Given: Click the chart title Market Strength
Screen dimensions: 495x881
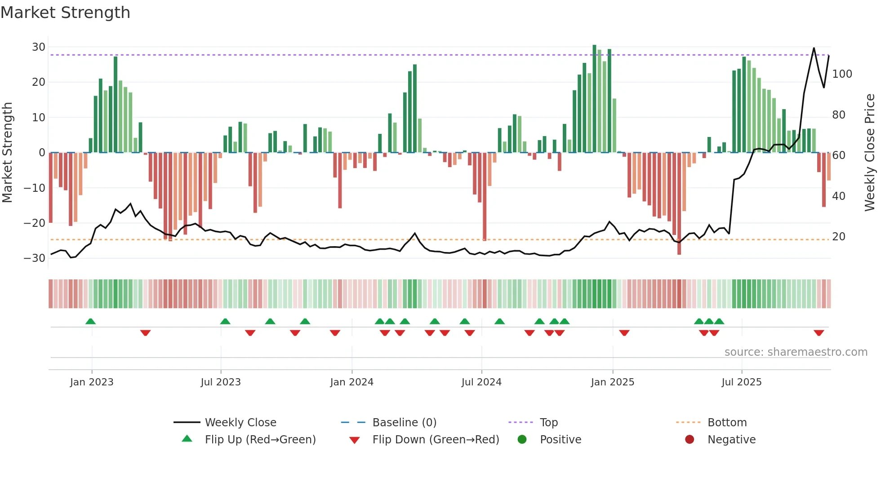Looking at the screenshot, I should [x=65, y=13].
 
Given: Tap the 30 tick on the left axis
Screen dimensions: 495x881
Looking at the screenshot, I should [x=39, y=47].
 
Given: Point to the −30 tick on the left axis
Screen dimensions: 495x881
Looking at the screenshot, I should [x=35, y=258].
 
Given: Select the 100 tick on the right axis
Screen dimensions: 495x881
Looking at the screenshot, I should [x=842, y=74].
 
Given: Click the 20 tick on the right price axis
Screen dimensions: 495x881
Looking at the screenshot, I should [x=838, y=237].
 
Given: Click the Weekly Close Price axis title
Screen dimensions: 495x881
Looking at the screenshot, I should [x=870, y=153].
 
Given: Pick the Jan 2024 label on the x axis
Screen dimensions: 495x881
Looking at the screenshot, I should [x=352, y=382].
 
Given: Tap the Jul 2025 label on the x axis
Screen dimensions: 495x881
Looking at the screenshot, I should [x=741, y=382].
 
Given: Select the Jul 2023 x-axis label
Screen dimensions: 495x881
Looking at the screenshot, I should [x=221, y=382].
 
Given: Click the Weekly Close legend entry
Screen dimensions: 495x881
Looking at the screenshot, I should [x=240, y=423].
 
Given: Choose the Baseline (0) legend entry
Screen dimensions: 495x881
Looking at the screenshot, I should [x=404, y=423].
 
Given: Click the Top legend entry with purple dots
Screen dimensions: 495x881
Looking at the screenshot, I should [x=548, y=423].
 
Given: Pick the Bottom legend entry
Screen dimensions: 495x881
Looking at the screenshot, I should [x=727, y=423].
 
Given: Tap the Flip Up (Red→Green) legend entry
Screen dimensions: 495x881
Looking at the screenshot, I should [x=260, y=440].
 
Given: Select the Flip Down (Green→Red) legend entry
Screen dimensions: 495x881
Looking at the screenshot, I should [x=436, y=440].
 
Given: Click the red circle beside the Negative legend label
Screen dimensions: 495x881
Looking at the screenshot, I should [x=690, y=439].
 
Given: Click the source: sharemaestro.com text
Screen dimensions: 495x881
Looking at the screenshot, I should [x=796, y=352].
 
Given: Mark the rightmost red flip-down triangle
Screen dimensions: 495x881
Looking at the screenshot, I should [x=819, y=333].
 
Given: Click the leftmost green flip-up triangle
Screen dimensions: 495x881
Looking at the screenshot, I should [x=90, y=321].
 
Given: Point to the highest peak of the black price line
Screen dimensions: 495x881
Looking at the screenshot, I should [x=814, y=48].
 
